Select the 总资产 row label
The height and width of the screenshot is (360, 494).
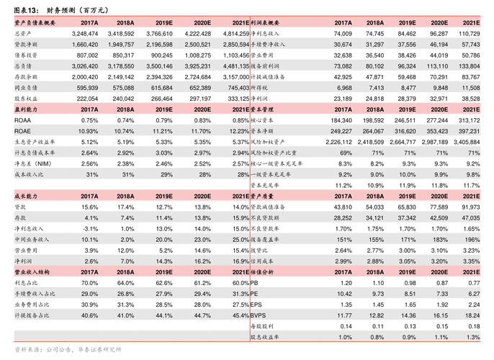pyautogui.click(x=24, y=33)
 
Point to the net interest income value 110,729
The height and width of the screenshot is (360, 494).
pyautogui.click(x=464, y=33)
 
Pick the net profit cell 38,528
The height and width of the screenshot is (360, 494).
pyautogui.click(x=464, y=97)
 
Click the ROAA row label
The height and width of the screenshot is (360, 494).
pyautogui.click(x=23, y=120)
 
